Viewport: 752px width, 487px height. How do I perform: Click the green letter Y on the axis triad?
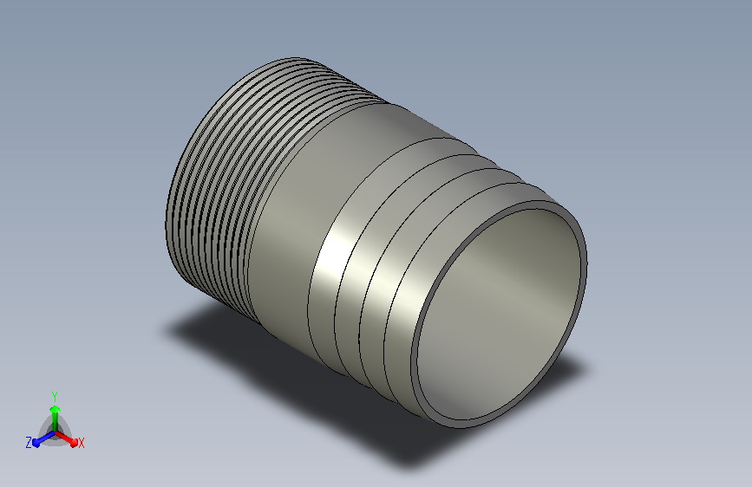point(55,397)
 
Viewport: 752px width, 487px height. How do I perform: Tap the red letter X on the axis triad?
point(81,443)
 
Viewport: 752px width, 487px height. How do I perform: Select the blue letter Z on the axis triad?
point(29,443)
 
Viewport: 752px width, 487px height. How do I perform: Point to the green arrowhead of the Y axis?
point(56,410)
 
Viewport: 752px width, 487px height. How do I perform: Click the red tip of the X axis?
point(74,442)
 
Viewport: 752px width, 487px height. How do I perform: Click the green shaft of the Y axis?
point(56,422)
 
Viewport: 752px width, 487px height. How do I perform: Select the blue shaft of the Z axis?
point(46,437)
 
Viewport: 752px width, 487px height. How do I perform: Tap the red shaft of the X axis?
point(64,437)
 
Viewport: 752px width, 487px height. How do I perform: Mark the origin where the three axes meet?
point(56,432)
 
